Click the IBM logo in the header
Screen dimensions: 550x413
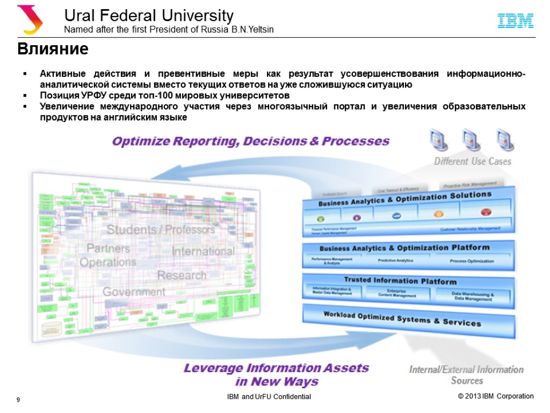tap(515, 21)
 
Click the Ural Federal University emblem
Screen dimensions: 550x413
tap(30, 19)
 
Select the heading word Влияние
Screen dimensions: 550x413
tap(53, 49)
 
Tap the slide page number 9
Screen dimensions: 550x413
tap(18, 400)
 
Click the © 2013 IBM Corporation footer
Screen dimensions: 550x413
tap(496, 396)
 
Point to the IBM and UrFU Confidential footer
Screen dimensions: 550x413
tap(269, 397)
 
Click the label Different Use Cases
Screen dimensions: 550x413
tap(473, 161)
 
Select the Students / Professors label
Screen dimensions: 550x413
tap(161, 230)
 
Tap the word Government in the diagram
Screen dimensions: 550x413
tap(134, 292)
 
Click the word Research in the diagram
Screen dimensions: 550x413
tap(182, 275)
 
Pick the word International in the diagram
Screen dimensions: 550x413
tap(203, 251)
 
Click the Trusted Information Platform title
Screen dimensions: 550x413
tap(400, 281)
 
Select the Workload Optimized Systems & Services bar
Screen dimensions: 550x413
tap(402, 319)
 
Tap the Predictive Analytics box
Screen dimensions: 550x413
tap(395, 261)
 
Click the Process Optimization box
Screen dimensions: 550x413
tap(472, 261)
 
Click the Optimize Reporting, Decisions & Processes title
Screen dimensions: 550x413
tap(250, 141)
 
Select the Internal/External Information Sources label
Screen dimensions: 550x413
tap(466, 375)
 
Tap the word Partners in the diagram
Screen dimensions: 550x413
tap(108, 248)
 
